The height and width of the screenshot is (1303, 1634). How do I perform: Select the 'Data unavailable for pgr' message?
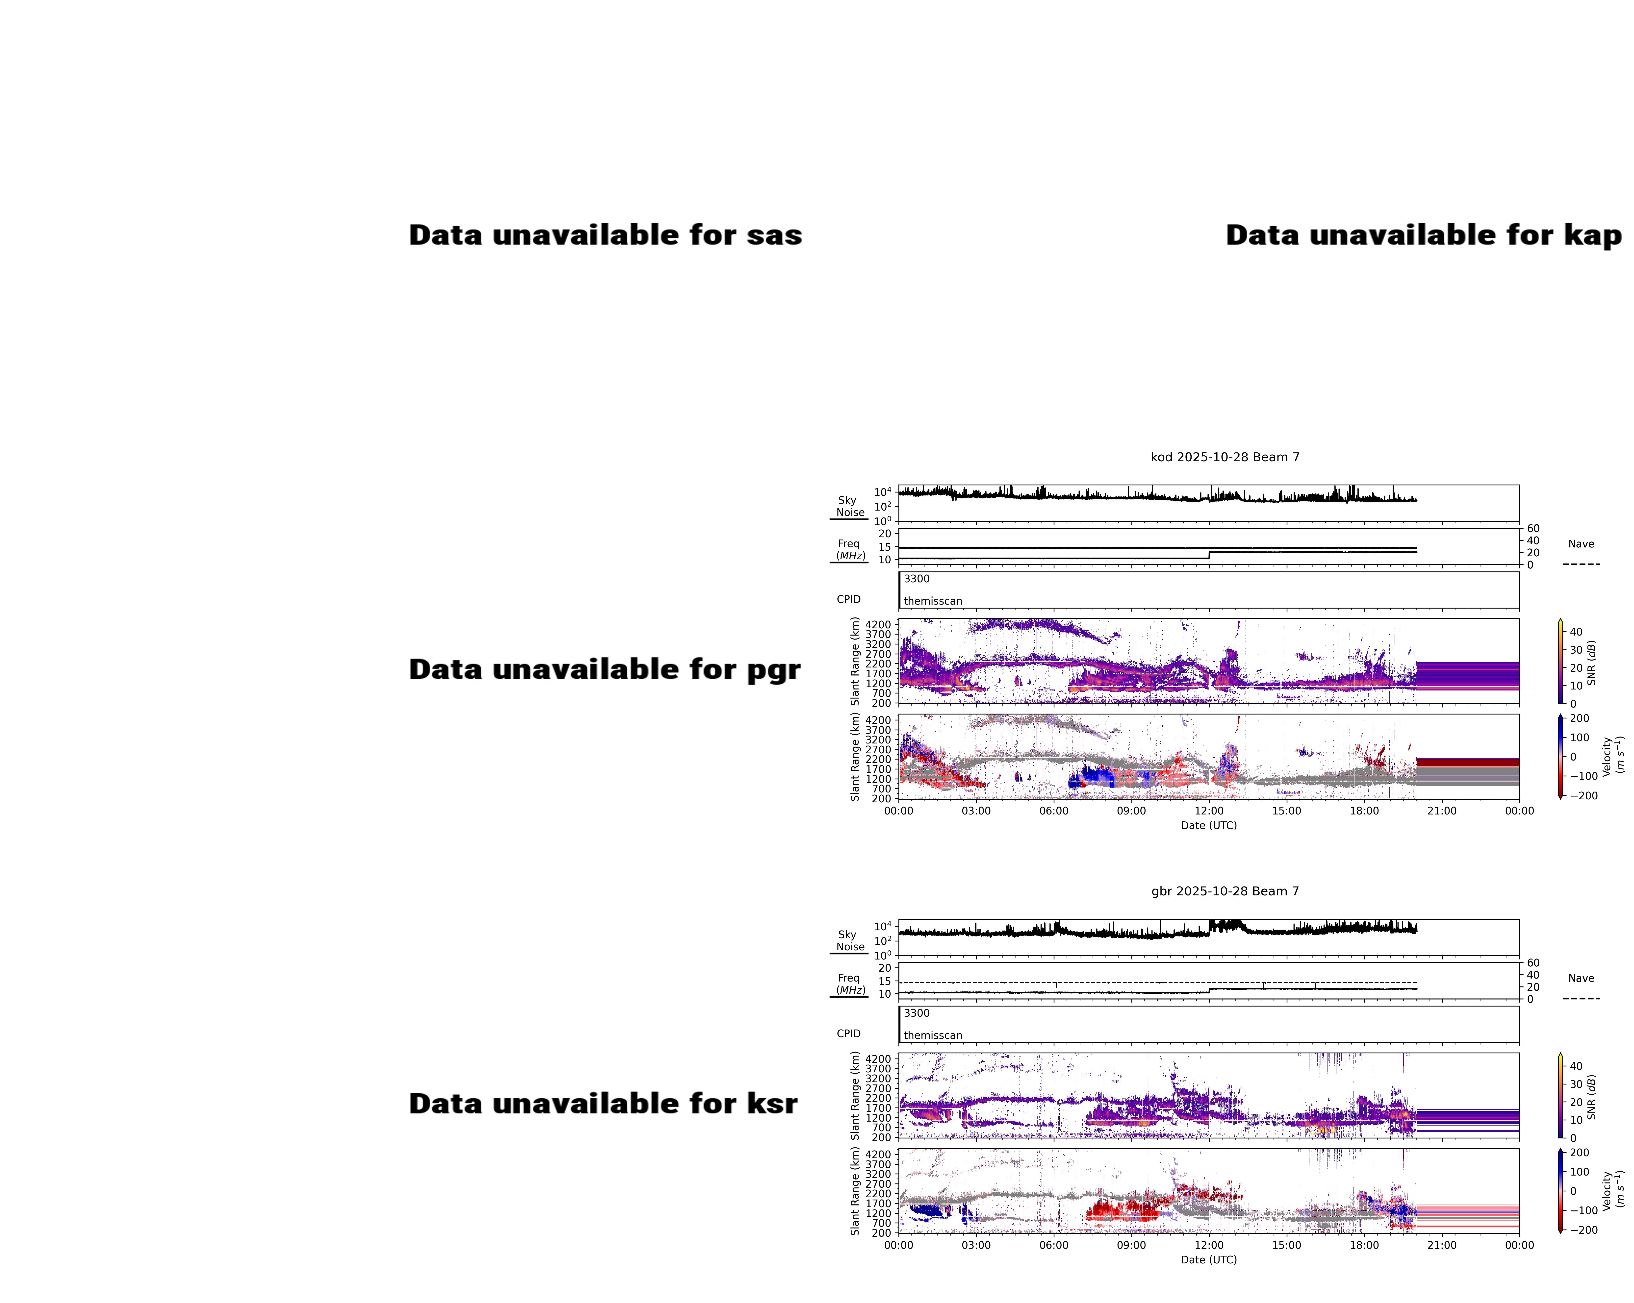604,670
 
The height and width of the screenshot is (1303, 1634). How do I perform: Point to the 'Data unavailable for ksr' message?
603,1104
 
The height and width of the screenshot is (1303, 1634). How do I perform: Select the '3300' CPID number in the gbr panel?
916,1013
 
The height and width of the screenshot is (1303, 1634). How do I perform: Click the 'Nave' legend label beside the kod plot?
1581,544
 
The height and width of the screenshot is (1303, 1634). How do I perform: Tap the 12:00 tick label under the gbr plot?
1209,1245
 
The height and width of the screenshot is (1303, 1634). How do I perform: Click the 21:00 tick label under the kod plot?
1441,811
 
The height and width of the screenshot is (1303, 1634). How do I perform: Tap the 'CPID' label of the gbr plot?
848,1033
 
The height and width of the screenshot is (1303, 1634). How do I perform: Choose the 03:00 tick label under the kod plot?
976,811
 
